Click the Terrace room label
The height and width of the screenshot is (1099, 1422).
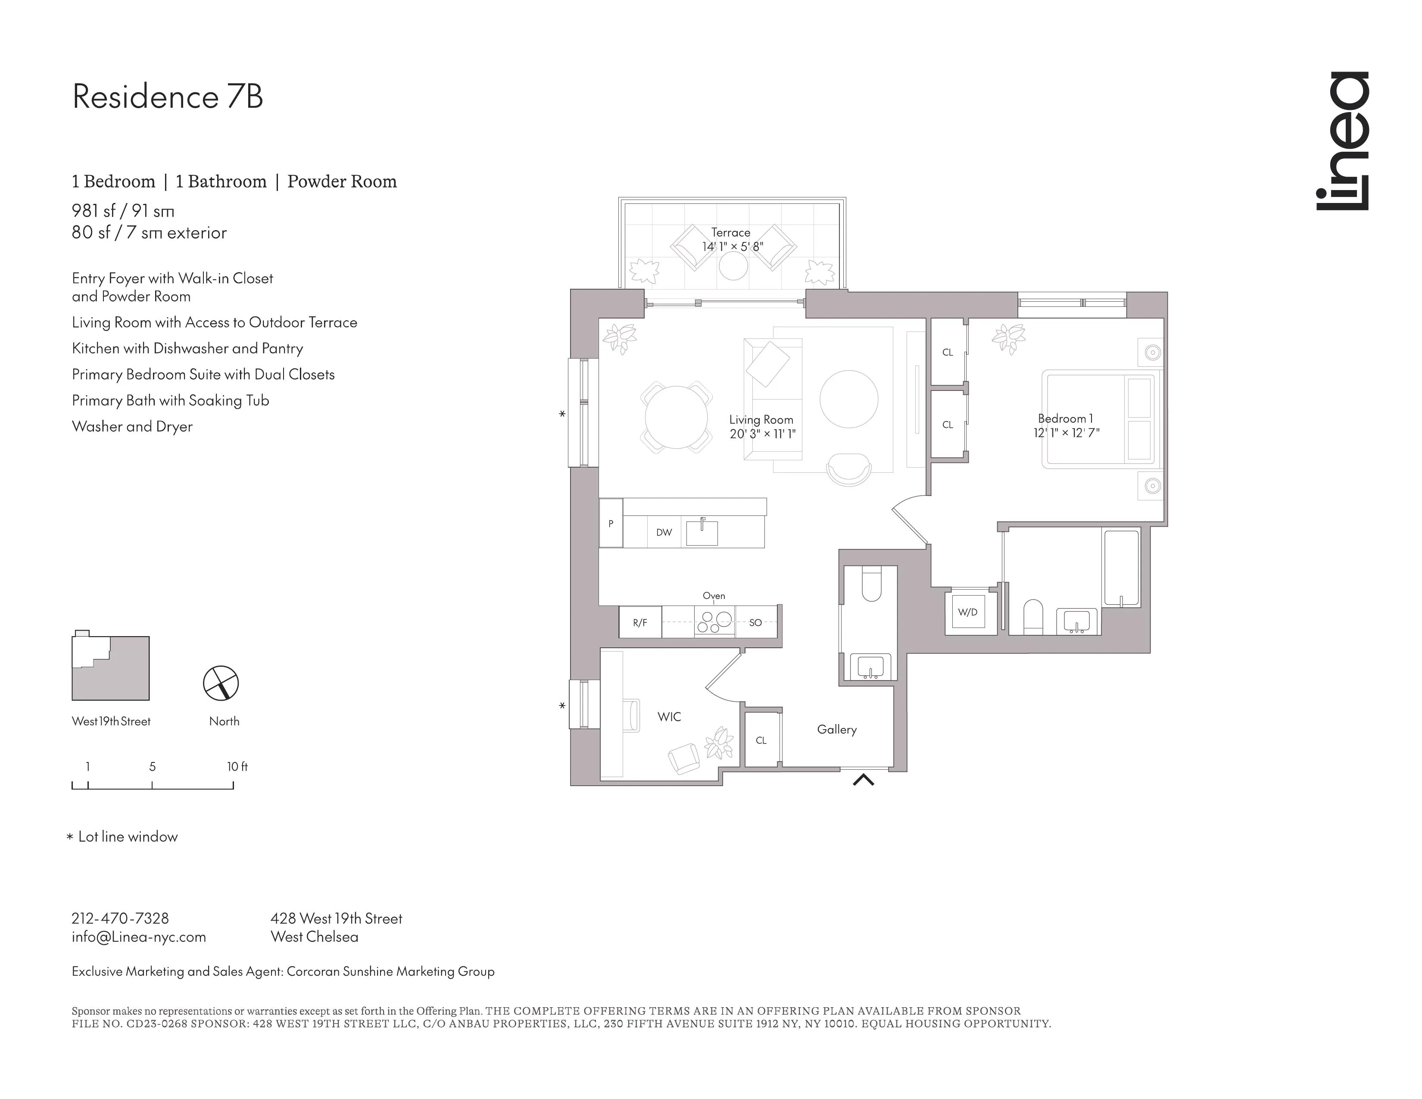tap(730, 232)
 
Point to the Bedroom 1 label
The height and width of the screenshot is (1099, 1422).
tap(1065, 418)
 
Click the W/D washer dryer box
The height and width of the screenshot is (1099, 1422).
tap(968, 612)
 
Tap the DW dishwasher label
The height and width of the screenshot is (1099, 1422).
tap(664, 533)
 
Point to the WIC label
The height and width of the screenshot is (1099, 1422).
tap(669, 717)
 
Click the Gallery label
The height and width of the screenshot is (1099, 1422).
tap(837, 730)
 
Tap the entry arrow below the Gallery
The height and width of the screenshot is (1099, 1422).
tap(864, 779)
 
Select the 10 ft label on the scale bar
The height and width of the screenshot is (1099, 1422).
tap(237, 767)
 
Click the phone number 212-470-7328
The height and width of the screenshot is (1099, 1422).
tap(121, 919)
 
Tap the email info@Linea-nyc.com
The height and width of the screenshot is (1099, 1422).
tap(139, 937)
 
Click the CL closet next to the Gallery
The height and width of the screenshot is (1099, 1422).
tap(761, 740)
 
